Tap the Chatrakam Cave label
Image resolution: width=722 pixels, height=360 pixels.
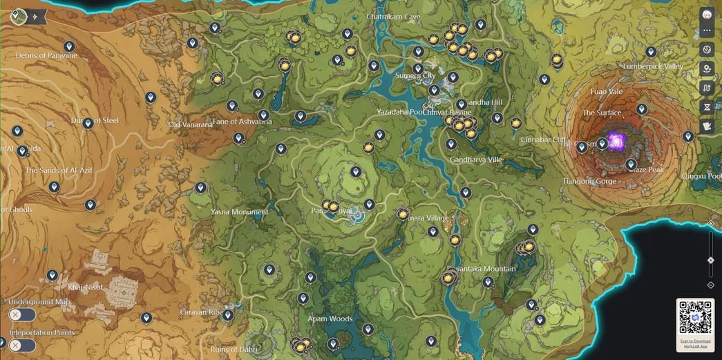click(x=393, y=16)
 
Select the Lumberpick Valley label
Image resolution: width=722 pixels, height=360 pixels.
click(x=652, y=66)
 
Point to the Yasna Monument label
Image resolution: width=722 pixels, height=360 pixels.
click(x=239, y=212)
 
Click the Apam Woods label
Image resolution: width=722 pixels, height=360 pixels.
click(x=330, y=319)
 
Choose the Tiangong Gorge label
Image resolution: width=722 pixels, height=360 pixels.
click(x=588, y=181)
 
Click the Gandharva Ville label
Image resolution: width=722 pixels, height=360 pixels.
click(x=475, y=160)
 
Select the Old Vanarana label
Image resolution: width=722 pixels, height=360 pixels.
click(x=190, y=125)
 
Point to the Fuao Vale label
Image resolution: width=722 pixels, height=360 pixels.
click(x=606, y=91)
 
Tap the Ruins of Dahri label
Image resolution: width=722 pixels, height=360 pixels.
click(x=234, y=349)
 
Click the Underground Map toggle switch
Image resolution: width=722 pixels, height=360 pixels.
click(x=21, y=315)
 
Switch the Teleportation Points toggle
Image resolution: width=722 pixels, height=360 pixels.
click(x=21, y=345)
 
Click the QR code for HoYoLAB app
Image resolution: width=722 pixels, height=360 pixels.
click(x=695, y=317)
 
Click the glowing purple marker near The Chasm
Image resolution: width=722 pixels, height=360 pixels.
click(x=616, y=142)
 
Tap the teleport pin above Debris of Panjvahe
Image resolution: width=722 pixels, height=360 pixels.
click(x=69, y=47)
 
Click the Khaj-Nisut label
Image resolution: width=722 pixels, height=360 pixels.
click(x=85, y=287)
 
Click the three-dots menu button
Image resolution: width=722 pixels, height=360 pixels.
click(x=707, y=31)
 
